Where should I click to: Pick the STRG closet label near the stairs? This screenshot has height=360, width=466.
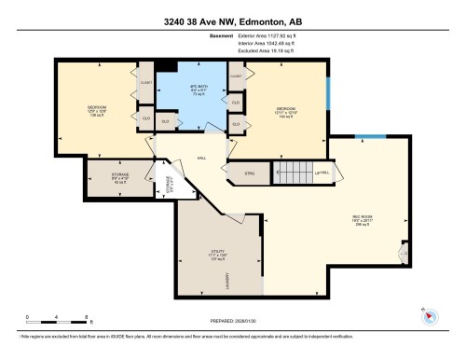click(x=249, y=172)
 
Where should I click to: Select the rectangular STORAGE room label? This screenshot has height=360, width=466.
click(x=119, y=177)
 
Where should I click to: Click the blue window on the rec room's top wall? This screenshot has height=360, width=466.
click(x=372, y=137)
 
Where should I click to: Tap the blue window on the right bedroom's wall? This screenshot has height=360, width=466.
click(x=327, y=93)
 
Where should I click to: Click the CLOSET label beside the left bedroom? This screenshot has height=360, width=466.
click(x=145, y=82)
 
